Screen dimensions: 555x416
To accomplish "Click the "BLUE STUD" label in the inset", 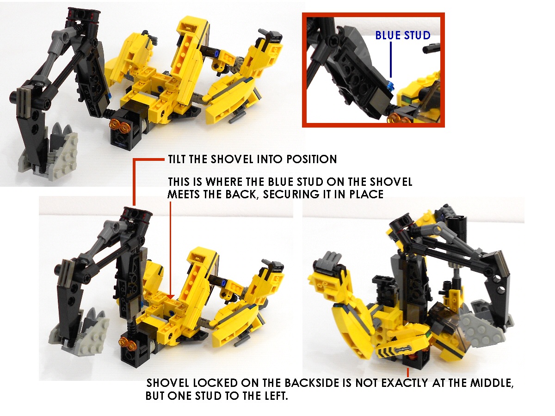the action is coord(403,36).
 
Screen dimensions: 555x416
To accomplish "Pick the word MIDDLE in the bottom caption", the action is coord(492,383).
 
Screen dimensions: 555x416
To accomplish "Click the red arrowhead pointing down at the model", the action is coord(171,297).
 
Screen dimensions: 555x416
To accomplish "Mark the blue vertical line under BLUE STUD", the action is coord(391,60).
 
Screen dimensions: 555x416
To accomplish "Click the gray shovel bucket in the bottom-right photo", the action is coord(481,323).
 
